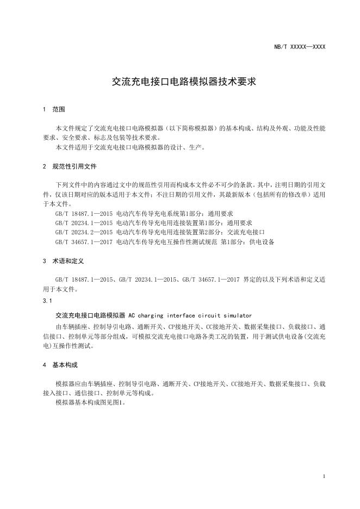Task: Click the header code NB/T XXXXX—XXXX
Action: (x=300, y=47)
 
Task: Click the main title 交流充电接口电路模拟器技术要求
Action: (x=179, y=82)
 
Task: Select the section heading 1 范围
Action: (x=54, y=109)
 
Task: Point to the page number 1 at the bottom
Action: (x=324, y=476)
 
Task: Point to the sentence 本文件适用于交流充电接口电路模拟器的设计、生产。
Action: (x=131, y=147)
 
